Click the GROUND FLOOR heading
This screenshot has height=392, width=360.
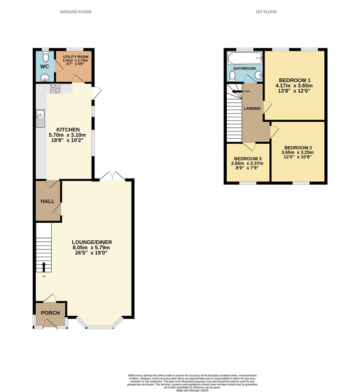[x=76, y=12]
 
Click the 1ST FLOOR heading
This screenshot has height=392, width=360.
[x=266, y=12]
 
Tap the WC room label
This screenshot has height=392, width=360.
[x=45, y=67]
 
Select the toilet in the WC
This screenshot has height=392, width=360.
[x=45, y=57]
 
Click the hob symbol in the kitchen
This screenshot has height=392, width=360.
[x=55, y=88]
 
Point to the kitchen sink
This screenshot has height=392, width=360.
[x=40, y=119]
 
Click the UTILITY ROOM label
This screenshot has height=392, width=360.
[x=76, y=57]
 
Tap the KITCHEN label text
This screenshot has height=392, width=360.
[x=68, y=130]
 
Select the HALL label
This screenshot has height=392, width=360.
[x=48, y=201]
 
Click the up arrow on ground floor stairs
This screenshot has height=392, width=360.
[x=44, y=267]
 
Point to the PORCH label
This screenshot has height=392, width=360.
[x=50, y=313]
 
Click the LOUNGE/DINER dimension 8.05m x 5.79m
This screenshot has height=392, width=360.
[x=91, y=248]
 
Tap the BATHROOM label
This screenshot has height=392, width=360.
[x=244, y=68]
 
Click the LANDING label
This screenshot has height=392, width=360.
[x=252, y=109]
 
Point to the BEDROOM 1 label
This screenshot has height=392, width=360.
[x=294, y=80]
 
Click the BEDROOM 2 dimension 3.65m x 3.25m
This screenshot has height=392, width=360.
[x=298, y=152]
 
